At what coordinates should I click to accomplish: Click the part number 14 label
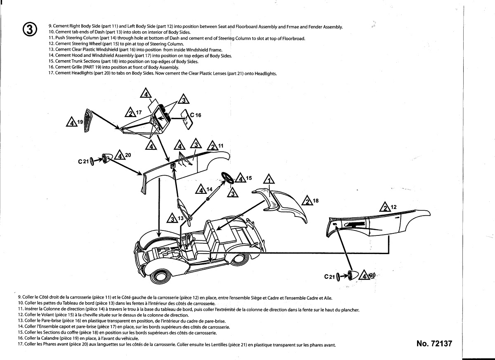pyautogui.click(x=210, y=189)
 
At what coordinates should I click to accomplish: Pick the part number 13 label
pyautogui.click(x=181, y=218)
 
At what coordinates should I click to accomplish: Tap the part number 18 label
pyautogui.click(x=316, y=201)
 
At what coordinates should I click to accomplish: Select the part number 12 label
pyautogui.click(x=393, y=207)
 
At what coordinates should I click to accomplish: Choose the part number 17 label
pyautogui.click(x=139, y=112)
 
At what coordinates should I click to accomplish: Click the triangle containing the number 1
pyautogui.click(x=269, y=180)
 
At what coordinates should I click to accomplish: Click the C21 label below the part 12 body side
pyautogui.click(x=329, y=277)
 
